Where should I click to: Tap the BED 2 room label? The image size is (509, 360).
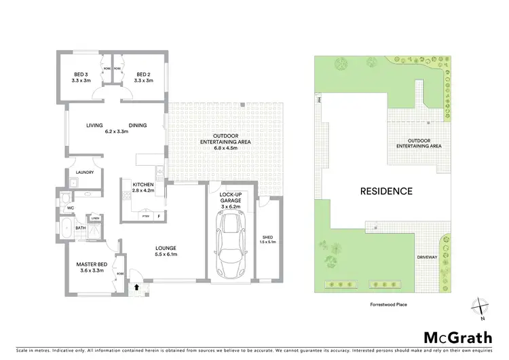[x=143, y=75]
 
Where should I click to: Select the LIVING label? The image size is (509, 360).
[x=94, y=125]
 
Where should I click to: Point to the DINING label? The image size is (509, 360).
[x=138, y=125]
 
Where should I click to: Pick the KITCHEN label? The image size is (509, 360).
[x=143, y=185]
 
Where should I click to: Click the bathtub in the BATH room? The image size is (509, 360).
[x=68, y=228]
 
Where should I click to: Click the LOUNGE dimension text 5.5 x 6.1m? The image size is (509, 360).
[x=166, y=255]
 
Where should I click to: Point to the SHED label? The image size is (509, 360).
[x=267, y=237]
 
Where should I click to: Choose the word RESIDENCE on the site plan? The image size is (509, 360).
[x=386, y=191]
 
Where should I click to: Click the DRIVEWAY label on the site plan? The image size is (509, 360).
[x=427, y=257]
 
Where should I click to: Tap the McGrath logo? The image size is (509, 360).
[x=455, y=338]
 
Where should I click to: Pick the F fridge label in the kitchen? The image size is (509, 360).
[x=158, y=216]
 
